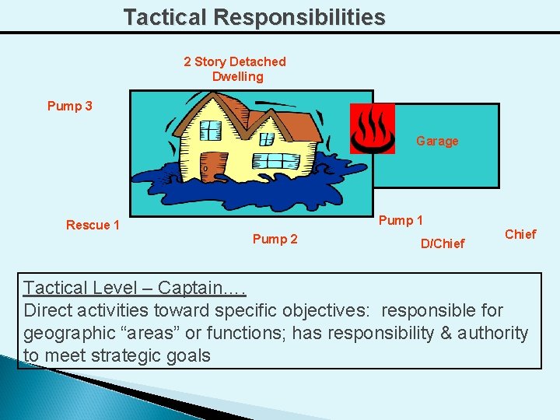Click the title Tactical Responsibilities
tap(254, 17)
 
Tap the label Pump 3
tap(70, 106)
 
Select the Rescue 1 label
tap(93, 225)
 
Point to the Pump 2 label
tap(275, 239)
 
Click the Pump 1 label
tap(401, 220)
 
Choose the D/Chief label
tap(442, 243)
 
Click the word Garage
tap(437, 141)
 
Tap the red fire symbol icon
tap(373, 128)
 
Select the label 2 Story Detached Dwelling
tap(235, 69)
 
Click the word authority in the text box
tap(490, 334)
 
